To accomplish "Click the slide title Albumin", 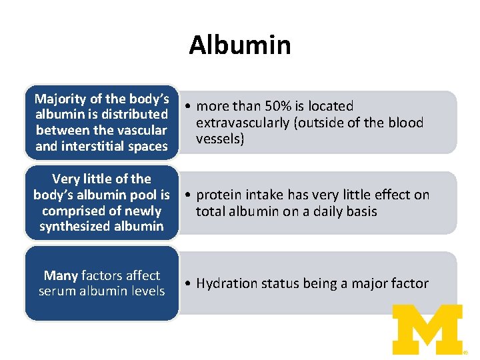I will [239, 45].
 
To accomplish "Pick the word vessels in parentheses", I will [220, 139].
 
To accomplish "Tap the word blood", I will [406, 123].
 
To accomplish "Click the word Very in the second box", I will [65, 179].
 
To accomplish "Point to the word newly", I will [143, 211].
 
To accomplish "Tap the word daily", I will [329, 211].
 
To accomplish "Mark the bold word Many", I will [62, 275].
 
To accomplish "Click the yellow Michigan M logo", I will [427, 329].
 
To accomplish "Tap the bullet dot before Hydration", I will [189, 284].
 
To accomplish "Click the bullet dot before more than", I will [189, 107].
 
